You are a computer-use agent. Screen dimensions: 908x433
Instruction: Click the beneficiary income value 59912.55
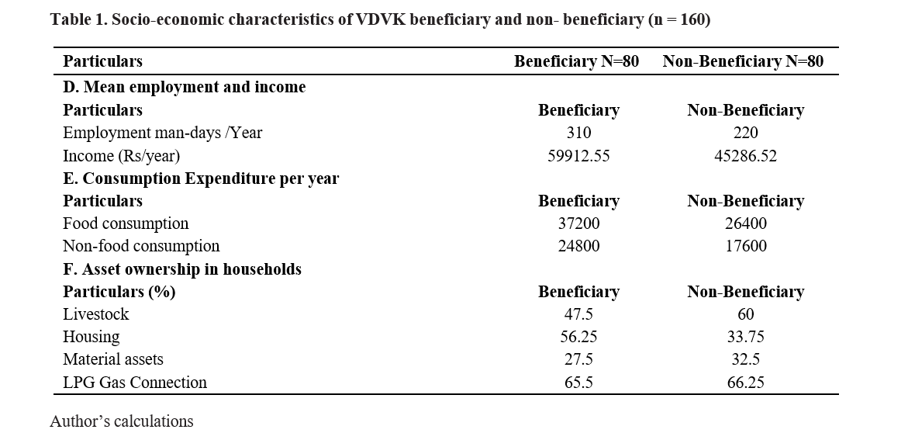[578, 156]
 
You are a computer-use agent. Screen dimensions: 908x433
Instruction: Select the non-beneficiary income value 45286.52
[745, 156]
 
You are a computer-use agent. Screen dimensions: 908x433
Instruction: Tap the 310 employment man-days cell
[578, 133]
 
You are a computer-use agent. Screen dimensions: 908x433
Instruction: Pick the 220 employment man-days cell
[745, 133]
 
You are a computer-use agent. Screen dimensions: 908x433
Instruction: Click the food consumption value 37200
[578, 223]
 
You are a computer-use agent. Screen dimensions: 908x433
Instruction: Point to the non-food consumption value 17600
[746, 246]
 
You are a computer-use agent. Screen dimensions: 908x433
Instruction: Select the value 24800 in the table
[578, 246]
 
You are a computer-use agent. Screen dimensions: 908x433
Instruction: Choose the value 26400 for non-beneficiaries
[746, 223]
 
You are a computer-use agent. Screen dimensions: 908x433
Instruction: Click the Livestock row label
[95, 314]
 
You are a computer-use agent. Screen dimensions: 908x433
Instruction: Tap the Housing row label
[91, 337]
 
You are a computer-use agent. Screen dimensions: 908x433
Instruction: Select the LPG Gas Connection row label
[134, 383]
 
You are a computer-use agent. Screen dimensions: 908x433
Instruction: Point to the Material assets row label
[113, 359]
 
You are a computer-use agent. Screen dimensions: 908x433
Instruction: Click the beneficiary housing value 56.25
[578, 337]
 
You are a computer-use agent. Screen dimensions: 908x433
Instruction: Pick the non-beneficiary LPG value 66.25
[745, 383]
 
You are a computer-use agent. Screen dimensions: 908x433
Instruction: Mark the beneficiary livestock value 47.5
[578, 314]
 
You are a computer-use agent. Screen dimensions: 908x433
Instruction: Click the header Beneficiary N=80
[576, 61]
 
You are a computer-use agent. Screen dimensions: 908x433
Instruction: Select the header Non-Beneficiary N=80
[743, 61]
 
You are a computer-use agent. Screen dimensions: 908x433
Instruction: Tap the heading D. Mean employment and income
[184, 87]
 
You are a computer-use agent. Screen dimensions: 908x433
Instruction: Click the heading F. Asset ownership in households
[181, 269]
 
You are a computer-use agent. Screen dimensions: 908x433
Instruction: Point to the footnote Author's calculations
[122, 421]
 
